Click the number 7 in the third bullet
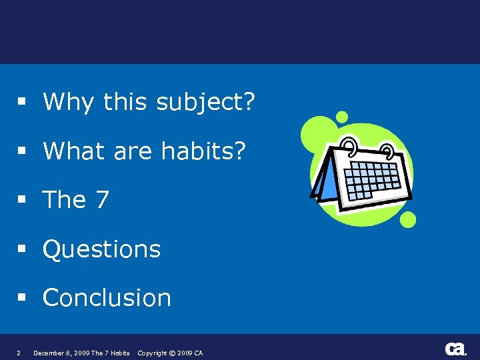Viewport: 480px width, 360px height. click(101, 200)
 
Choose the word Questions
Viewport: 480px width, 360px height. click(102, 250)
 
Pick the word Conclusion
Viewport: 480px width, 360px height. click(107, 298)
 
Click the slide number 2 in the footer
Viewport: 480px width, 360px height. click(18, 353)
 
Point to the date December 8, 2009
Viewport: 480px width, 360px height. click(61, 353)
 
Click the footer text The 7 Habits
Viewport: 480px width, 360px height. click(111, 353)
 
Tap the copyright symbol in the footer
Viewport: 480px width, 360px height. click(172, 353)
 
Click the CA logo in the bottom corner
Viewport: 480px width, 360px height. click(455, 349)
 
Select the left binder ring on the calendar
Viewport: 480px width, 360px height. click(349, 145)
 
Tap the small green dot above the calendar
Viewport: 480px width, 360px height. click(342, 117)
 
